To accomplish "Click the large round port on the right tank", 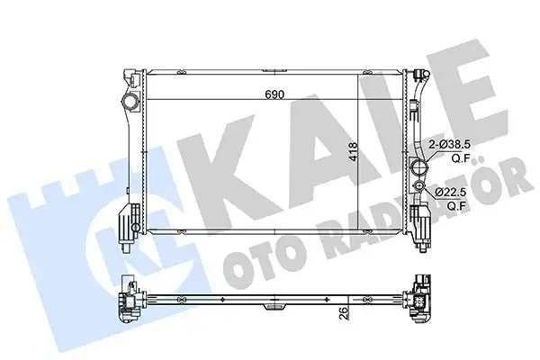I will point(418,168).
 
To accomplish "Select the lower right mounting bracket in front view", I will point(419,221).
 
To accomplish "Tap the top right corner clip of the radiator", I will point(417,73).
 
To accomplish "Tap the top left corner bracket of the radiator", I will point(128,73).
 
